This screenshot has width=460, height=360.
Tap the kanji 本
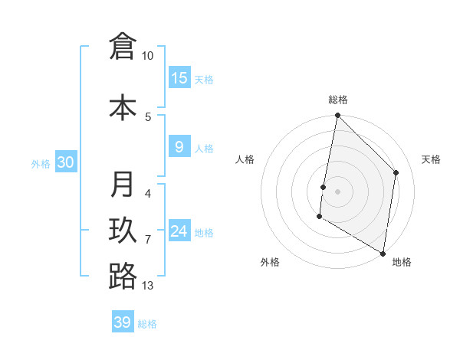pyautogui.click(x=123, y=107)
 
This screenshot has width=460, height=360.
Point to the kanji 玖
pyautogui.click(x=123, y=231)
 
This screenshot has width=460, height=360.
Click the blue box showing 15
pyautogui.click(x=179, y=78)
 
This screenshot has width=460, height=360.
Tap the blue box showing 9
pyautogui.click(x=179, y=147)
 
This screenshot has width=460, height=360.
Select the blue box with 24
pyautogui.click(x=179, y=231)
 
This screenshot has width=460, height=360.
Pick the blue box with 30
pyautogui.click(x=65, y=162)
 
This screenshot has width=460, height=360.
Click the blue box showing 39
pyautogui.click(x=123, y=322)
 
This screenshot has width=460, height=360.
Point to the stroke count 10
pyautogui.click(x=148, y=56)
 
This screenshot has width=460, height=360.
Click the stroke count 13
pyautogui.click(x=148, y=286)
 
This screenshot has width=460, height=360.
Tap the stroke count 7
pyautogui.click(x=148, y=240)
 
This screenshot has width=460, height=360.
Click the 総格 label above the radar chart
pyautogui.click(x=338, y=100)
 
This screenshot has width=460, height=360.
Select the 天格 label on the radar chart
pyautogui.click(x=431, y=159)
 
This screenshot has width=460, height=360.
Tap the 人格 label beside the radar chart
pyautogui.click(x=245, y=159)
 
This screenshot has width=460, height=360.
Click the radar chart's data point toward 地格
pyautogui.click(x=383, y=253)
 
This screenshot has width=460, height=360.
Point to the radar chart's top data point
pyautogui.click(x=337, y=116)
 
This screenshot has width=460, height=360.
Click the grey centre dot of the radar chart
pyautogui.click(x=337, y=191)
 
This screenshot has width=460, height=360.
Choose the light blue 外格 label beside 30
pyautogui.click(x=41, y=163)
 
